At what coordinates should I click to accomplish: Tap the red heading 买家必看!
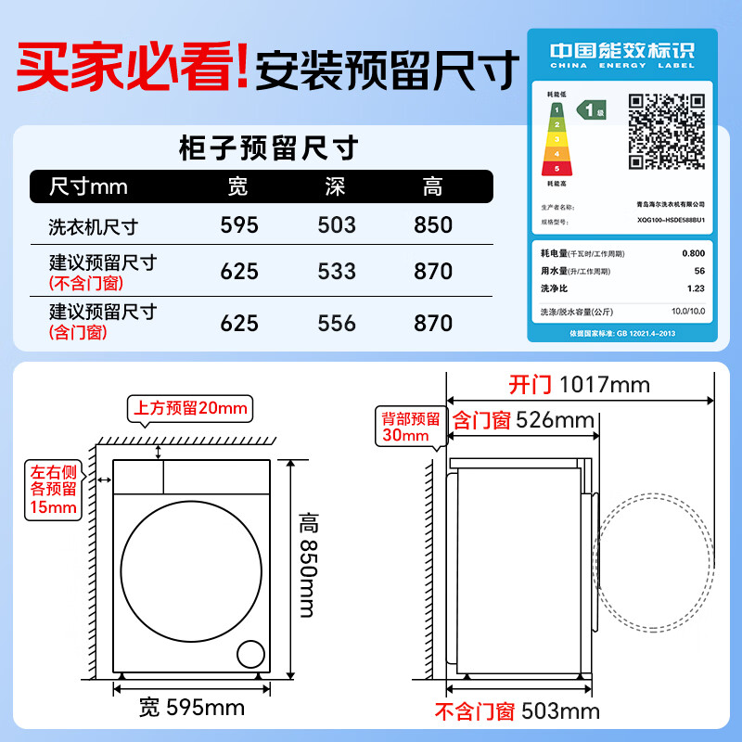133,67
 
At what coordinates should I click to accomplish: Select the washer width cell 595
239,225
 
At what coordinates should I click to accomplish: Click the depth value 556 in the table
336,323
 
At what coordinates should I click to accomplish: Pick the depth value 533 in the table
336,271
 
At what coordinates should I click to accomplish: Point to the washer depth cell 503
336,225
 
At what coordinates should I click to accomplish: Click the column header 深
336,186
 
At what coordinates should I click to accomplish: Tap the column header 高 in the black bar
433,186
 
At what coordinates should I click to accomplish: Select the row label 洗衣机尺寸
93,226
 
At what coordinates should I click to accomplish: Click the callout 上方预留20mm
190,408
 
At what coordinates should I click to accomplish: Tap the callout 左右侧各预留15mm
52,489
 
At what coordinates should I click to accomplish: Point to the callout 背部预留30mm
405,426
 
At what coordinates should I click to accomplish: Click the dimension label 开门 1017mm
579,384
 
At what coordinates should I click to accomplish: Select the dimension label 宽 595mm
192,709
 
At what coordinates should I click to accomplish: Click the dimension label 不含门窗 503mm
517,712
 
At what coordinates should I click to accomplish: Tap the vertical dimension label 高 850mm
308,565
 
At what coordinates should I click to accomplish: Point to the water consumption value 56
698,271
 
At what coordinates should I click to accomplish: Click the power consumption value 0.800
692,253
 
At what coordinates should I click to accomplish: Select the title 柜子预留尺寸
266,147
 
